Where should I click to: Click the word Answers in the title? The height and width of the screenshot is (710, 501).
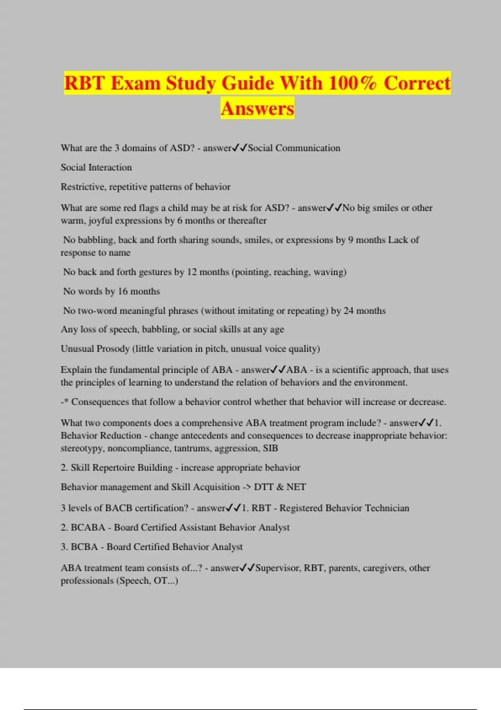click(x=257, y=109)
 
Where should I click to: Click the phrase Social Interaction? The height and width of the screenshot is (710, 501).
click(x=96, y=167)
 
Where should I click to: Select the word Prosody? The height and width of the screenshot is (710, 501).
click(x=113, y=349)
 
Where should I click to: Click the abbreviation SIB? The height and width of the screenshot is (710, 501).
click(x=271, y=448)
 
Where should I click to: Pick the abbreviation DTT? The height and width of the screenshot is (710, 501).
click(x=263, y=487)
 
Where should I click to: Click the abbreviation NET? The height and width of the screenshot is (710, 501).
click(x=296, y=487)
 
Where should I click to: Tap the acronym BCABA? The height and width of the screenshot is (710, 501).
click(x=88, y=527)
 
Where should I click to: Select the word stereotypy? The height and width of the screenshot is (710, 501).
click(x=82, y=449)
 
